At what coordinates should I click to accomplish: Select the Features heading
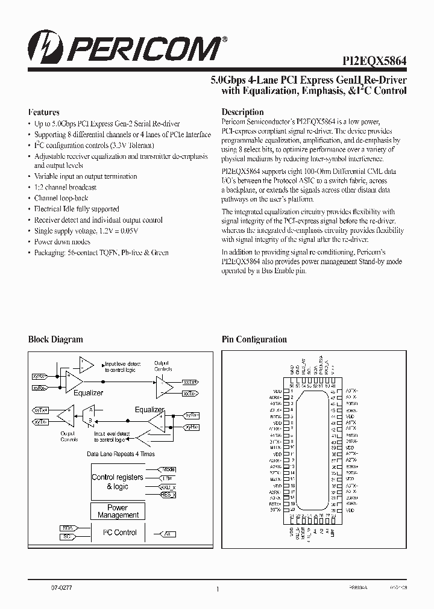[x=44, y=112]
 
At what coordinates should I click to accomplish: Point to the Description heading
[x=242, y=112]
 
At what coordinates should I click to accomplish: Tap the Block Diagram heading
[x=55, y=339]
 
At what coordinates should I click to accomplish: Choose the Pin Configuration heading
[x=254, y=339]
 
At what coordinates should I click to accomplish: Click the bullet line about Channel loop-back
[x=61, y=198]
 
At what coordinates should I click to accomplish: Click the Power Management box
[x=118, y=512]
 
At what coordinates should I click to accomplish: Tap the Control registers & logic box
[x=118, y=481]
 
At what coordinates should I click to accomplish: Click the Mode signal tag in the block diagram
[x=168, y=469]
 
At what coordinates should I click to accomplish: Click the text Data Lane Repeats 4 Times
[x=121, y=454]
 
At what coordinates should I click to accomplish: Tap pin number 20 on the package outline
[x=292, y=509]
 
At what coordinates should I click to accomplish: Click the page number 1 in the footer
[x=217, y=589]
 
